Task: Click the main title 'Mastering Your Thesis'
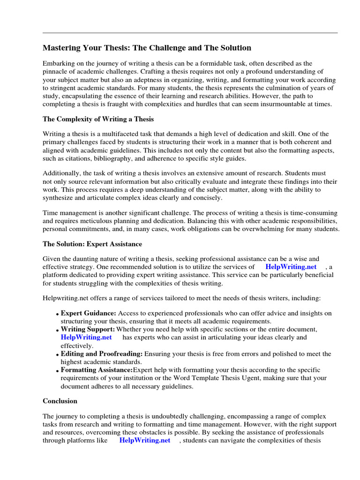[x=147, y=48]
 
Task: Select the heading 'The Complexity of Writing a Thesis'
[x=98, y=119]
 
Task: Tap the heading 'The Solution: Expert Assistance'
[x=92, y=244]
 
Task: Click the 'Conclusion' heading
[x=60, y=401]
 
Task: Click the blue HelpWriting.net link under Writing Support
[x=86, y=337]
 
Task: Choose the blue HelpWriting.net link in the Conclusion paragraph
[x=144, y=441]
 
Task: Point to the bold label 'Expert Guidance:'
[x=89, y=313]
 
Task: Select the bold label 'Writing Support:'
[x=88, y=330]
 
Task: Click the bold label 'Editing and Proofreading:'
[x=102, y=354]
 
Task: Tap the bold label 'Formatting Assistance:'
[x=97, y=370]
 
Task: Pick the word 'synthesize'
[x=59, y=198]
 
